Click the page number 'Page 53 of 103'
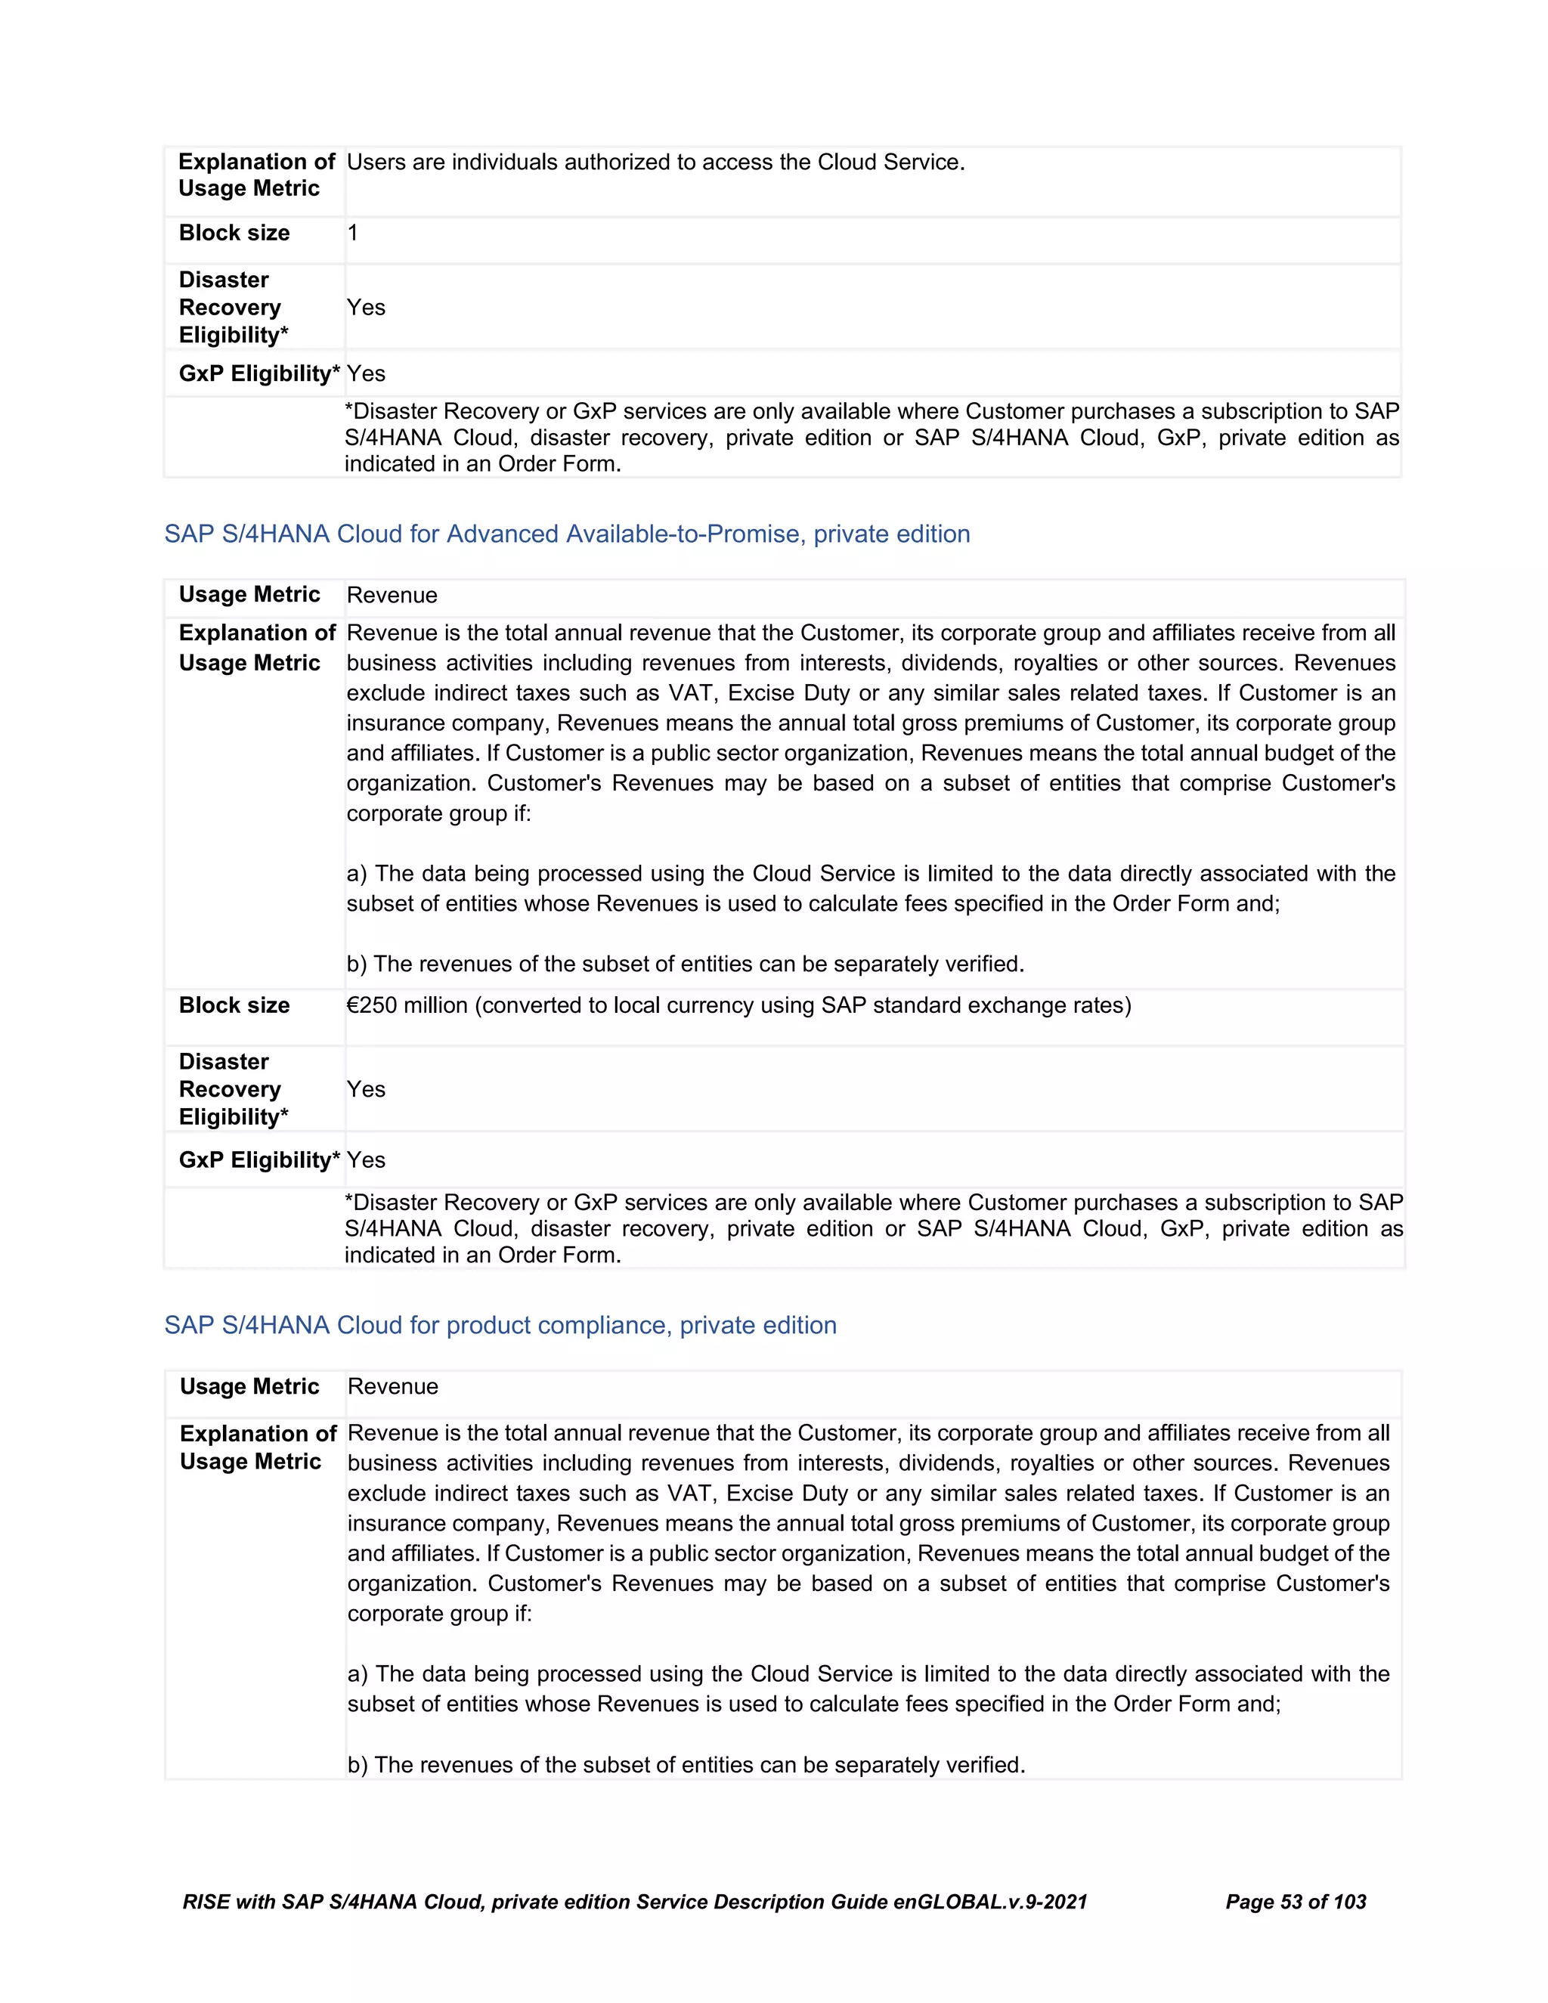pyautogui.click(x=1295, y=1901)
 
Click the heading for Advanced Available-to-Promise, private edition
pyautogui.click(x=567, y=534)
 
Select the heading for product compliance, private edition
pyautogui.click(x=500, y=1325)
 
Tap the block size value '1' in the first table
pyautogui.click(x=353, y=233)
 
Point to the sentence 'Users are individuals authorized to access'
pyautogui.click(x=655, y=163)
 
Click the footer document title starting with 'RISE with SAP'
pyautogui.click(x=635, y=1901)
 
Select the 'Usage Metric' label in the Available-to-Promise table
pyautogui.click(x=249, y=594)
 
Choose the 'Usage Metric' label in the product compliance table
pyautogui.click(x=249, y=1385)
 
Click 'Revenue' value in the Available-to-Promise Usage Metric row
pyautogui.click(x=392, y=595)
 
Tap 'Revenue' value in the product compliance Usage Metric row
pyautogui.click(x=392, y=1387)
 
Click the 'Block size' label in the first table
pyautogui.click(x=234, y=233)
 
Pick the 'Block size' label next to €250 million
pyautogui.click(x=234, y=1005)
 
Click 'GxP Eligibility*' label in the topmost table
pyautogui.click(x=259, y=373)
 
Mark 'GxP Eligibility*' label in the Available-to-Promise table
pyautogui.click(x=259, y=1160)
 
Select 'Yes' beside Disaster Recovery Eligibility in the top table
pyautogui.click(x=366, y=307)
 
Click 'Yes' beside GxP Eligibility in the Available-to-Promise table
pyautogui.click(x=366, y=1160)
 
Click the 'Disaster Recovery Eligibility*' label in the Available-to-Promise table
pyautogui.click(x=233, y=1088)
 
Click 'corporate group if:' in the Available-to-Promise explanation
pyautogui.click(x=438, y=813)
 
